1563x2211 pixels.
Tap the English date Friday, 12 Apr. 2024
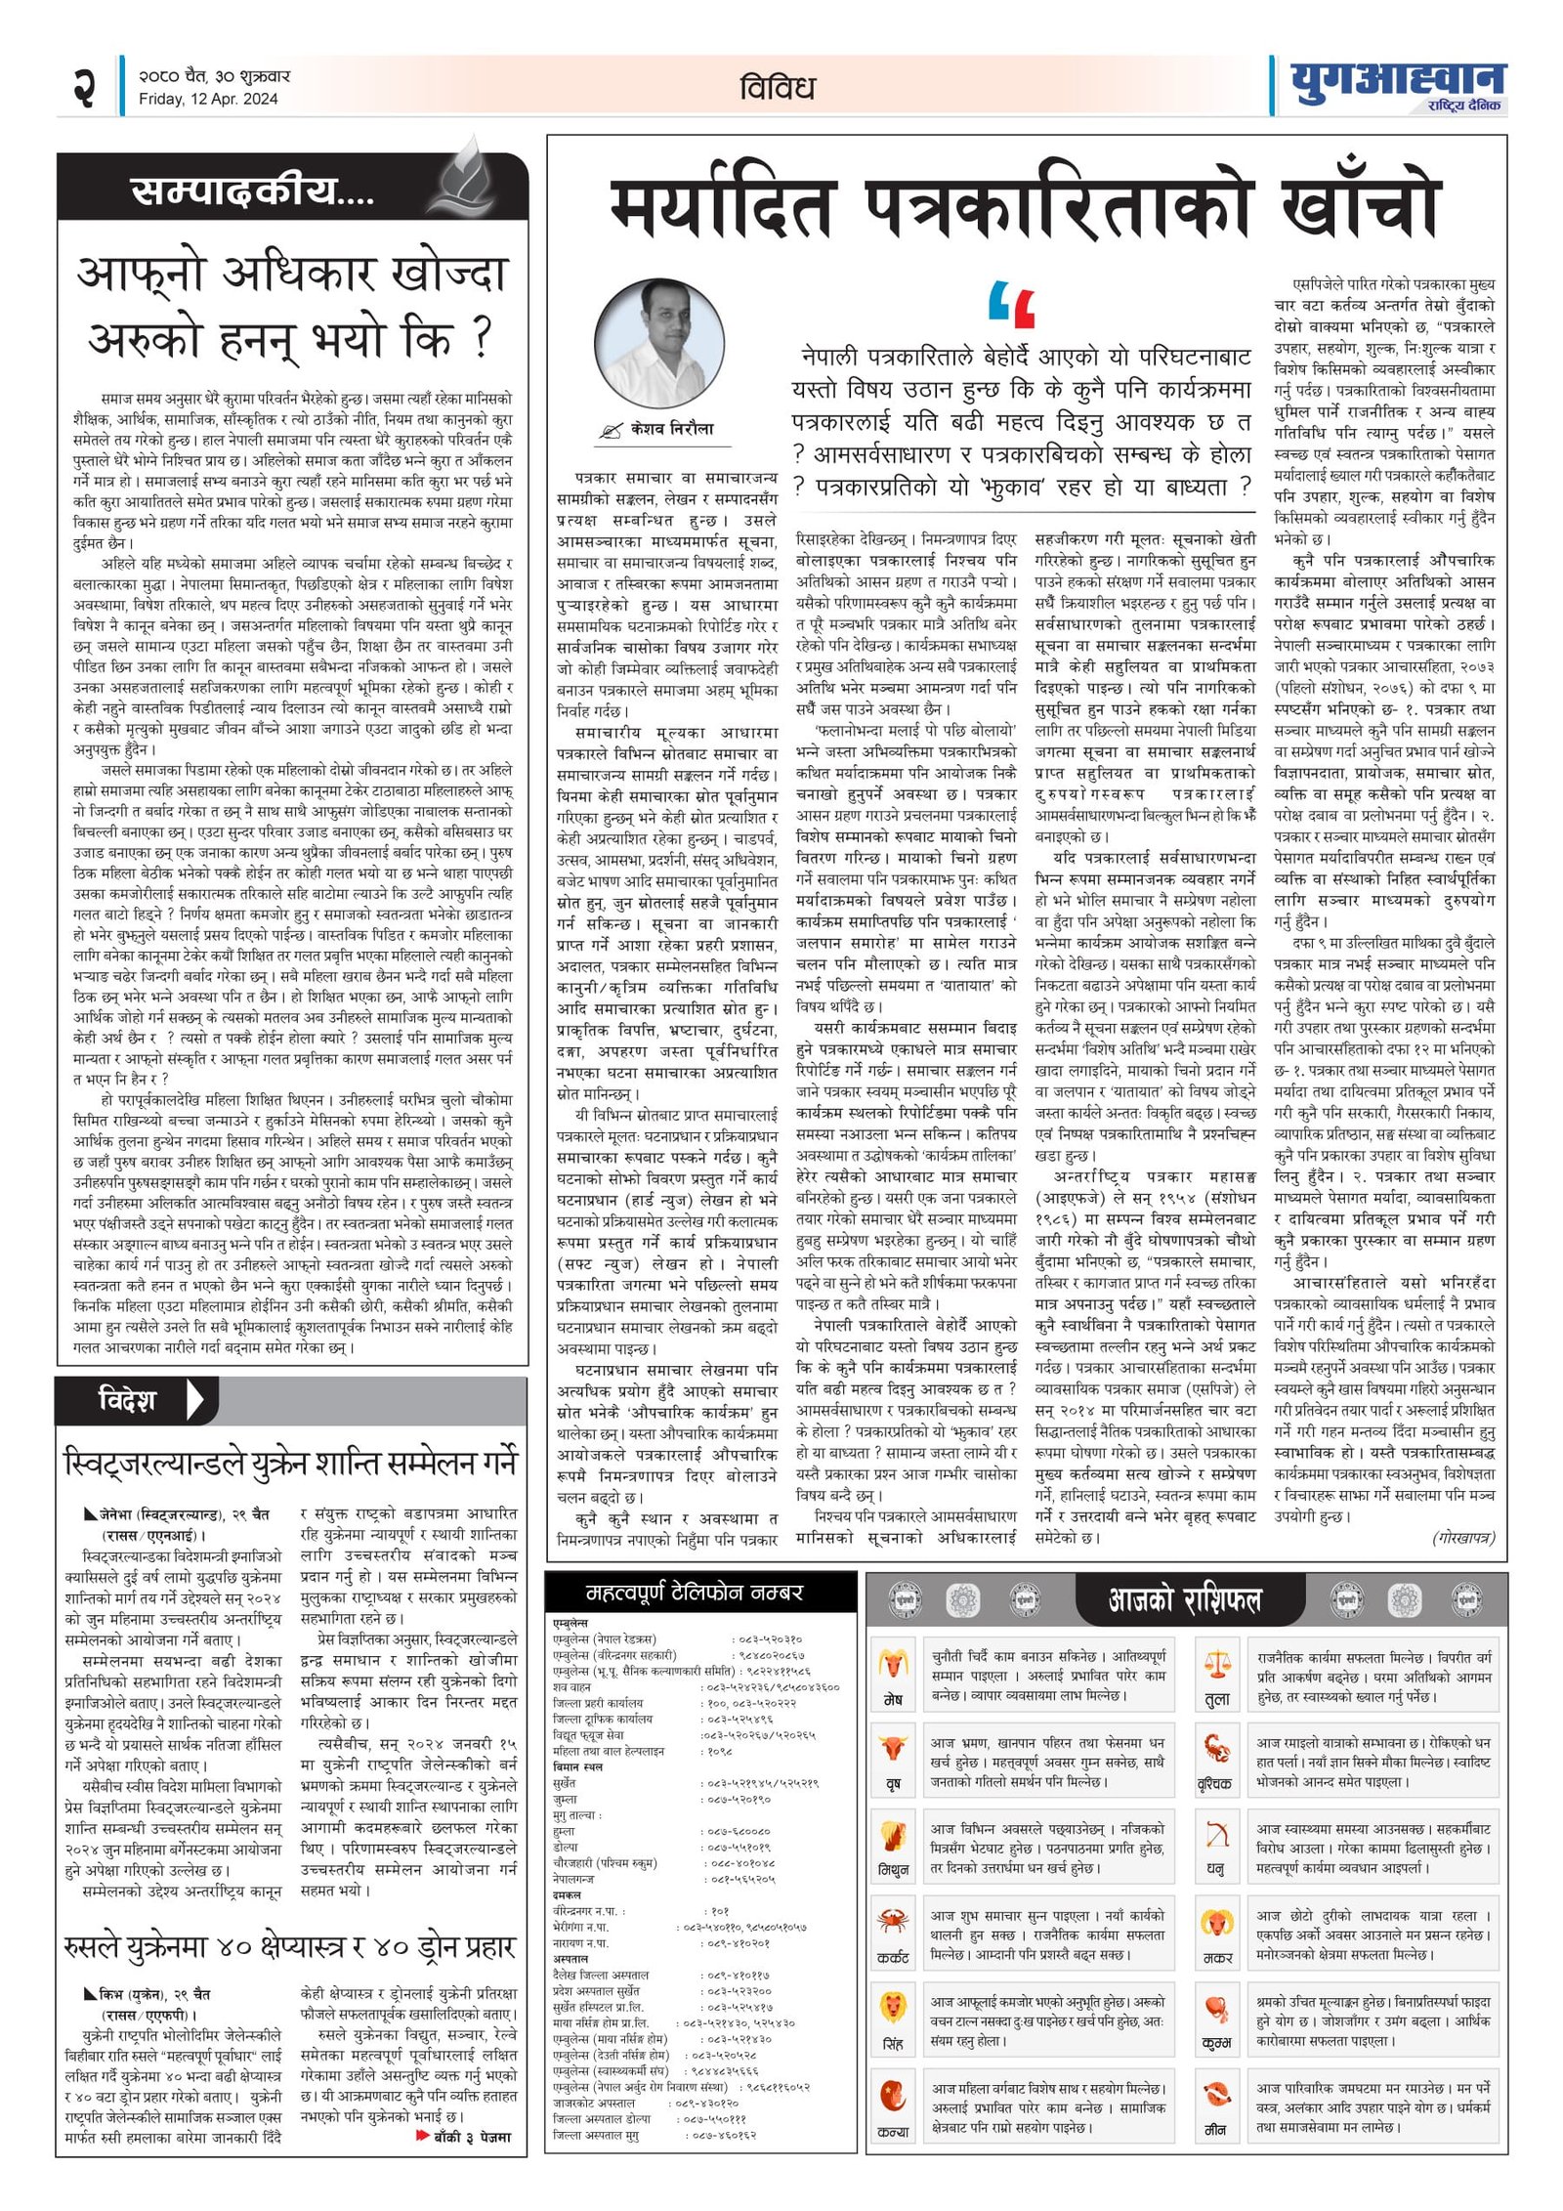click(x=208, y=99)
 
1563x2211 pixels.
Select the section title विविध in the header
click(x=777, y=88)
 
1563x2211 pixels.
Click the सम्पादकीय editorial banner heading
click(x=252, y=191)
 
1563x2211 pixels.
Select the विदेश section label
click(x=127, y=1399)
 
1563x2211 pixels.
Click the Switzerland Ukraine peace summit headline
click(x=289, y=1463)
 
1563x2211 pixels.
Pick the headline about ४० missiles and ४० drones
click(x=289, y=1945)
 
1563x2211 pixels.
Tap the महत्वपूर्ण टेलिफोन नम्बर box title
click(x=694, y=1594)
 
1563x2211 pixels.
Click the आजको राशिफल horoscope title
click(x=1184, y=1599)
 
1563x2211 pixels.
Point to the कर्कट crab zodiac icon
click(x=892, y=1923)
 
